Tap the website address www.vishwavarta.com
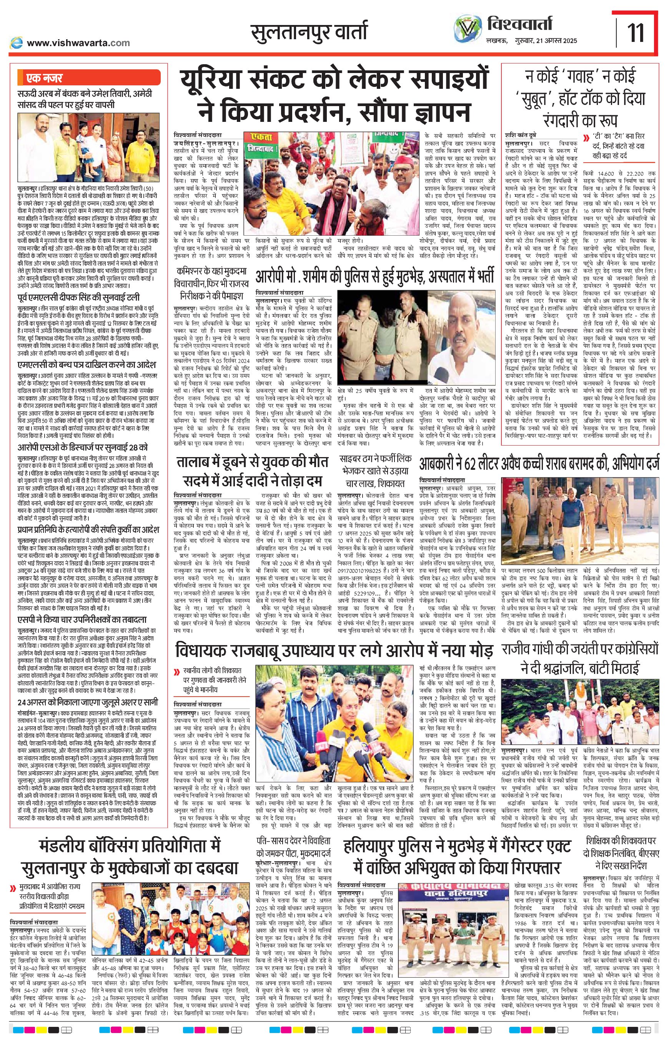[x=78, y=43]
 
